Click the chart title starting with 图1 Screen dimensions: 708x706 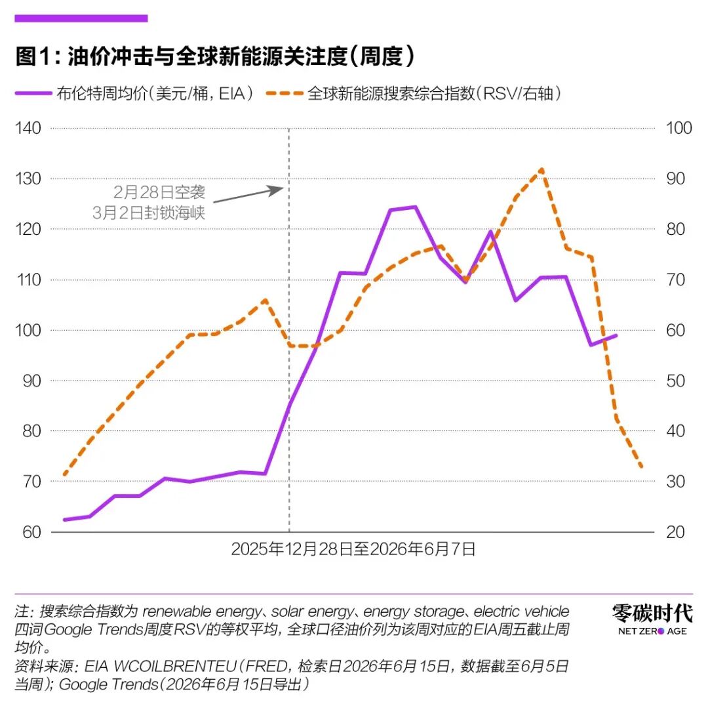214,56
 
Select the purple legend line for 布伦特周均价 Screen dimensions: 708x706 34,94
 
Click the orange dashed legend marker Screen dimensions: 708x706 285,94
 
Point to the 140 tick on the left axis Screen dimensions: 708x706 28,128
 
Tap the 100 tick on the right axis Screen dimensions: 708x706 679,128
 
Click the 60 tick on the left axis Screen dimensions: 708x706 31,532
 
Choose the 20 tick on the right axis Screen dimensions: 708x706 675,532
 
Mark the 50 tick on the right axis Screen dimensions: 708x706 675,381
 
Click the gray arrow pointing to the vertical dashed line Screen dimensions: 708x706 248,195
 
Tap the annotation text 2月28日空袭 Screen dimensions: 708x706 159,192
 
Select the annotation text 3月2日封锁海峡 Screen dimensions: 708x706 149,213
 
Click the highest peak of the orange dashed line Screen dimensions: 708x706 541,170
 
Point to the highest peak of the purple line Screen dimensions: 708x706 416,207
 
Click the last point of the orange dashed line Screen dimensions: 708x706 641,467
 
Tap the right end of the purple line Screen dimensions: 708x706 616,335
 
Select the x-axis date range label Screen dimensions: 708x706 353,549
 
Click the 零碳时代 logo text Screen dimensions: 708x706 652,613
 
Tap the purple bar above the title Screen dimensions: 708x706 81,18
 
